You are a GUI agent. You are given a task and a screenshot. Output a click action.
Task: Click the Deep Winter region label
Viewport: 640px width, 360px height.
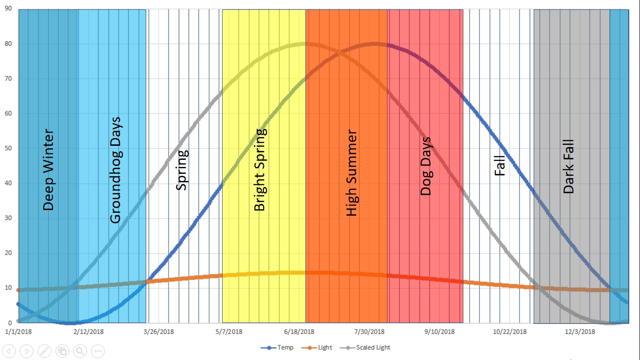click(x=49, y=170)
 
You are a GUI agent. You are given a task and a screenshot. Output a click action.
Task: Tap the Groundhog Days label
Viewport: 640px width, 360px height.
click(x=115, y=170)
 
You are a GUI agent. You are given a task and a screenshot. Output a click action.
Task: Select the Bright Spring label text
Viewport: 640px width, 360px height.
click(x=260, y=170)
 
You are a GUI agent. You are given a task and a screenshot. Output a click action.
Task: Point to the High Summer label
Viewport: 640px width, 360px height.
click(x=351, y=173)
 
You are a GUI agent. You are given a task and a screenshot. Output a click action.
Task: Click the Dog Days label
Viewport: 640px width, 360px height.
click(x=425, y=166)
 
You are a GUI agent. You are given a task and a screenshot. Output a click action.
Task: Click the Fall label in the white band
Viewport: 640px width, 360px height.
click(x=500, y=166)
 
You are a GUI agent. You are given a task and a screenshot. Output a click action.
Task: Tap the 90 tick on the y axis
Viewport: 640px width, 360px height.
click(x=8, y=9)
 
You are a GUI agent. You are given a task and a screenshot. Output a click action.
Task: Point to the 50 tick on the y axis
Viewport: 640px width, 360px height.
click(x=8, y=149)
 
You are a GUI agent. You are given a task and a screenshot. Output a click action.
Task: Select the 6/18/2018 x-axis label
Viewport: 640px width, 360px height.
click(x=299, y=332)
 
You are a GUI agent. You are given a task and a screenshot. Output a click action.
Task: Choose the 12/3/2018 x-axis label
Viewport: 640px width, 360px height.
click(x=580, y=332)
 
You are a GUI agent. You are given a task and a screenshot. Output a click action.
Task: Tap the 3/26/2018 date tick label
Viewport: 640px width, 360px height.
click(x=158, y=332)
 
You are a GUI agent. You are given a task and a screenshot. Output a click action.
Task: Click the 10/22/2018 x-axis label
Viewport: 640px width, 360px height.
click(x=510, y=332)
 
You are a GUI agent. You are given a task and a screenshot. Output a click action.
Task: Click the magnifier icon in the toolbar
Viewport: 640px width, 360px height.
click(x=80, y=351)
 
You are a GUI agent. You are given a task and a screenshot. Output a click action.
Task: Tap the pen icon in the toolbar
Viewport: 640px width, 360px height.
click(x=45, y=351)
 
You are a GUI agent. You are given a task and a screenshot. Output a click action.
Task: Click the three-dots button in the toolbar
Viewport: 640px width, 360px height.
click(x=98, y=351)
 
